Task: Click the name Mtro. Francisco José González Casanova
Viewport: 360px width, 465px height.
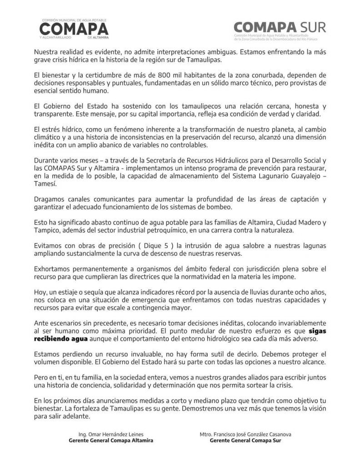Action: pos(245,434)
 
